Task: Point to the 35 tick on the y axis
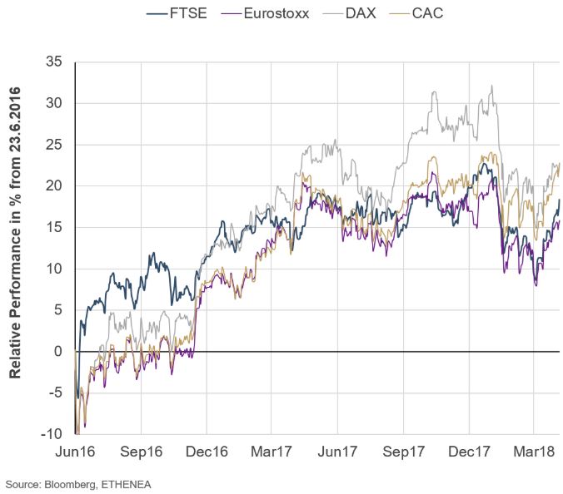pos(54,62)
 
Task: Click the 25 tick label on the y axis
pos(54,145)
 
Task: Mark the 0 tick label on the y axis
pos(58,351)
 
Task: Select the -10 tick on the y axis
pos(52,433)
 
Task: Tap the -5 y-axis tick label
pos(55,393)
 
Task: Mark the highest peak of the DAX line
pos(493,86)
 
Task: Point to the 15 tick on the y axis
pos(54,227)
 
